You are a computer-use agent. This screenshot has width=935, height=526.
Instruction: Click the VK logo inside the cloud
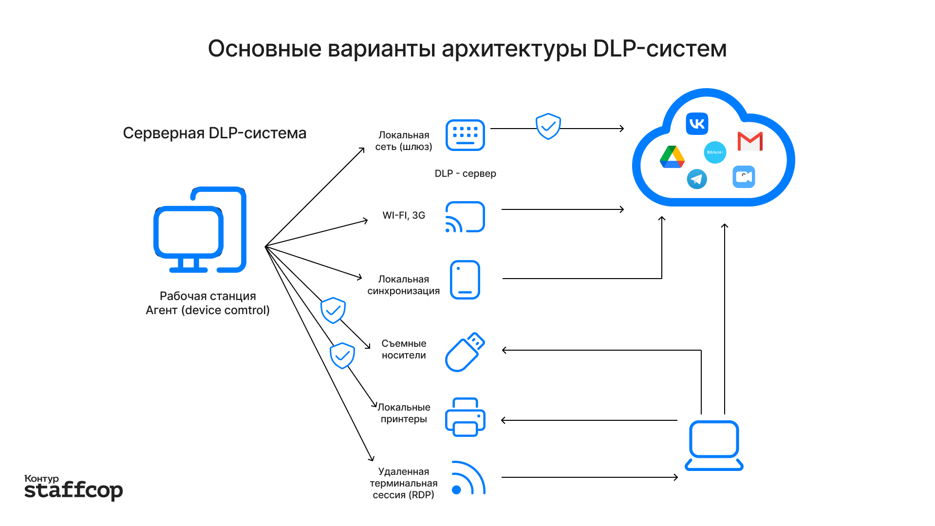click(x=697, y=124)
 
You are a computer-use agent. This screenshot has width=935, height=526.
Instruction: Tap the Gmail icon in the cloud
click(x=750, y=141)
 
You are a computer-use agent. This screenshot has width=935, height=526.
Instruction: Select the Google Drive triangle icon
click(x=672, y=157)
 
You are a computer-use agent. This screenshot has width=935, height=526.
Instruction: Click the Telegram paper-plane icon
click(x=697, y=179)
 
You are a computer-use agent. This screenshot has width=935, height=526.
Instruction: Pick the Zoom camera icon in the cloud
click(x=744, y=177)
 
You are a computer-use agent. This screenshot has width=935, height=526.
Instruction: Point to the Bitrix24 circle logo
click(x=715, y=152)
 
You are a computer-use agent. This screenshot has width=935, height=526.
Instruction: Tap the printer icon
click(x=465, y=417)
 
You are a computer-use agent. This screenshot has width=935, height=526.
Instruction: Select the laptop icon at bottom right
click(x=714, y=446)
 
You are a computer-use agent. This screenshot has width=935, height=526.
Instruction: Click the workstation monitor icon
click(x=200, y=230)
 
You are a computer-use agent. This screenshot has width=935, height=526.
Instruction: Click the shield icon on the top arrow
click(x=548, y=127)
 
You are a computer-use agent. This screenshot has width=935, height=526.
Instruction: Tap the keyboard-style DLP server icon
click(x=465, y=135)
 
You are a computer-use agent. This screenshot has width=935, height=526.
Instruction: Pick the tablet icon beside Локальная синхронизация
click(x=465, y=280)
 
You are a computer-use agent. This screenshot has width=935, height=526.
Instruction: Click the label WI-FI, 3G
click(x=404, y=215)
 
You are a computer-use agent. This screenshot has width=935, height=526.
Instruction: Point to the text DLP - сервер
click(x=465, y=173)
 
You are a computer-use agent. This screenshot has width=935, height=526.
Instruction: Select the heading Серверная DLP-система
click(x=214, y=133)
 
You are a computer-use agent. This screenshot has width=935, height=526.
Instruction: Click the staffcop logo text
click(x=74, y=490)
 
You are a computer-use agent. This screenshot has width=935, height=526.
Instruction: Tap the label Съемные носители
click(x=404, y=349)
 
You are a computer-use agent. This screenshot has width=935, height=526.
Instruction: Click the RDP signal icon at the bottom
click(x=467, y=478)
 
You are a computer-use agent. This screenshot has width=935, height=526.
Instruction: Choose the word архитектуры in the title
click(x=514, y=49)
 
